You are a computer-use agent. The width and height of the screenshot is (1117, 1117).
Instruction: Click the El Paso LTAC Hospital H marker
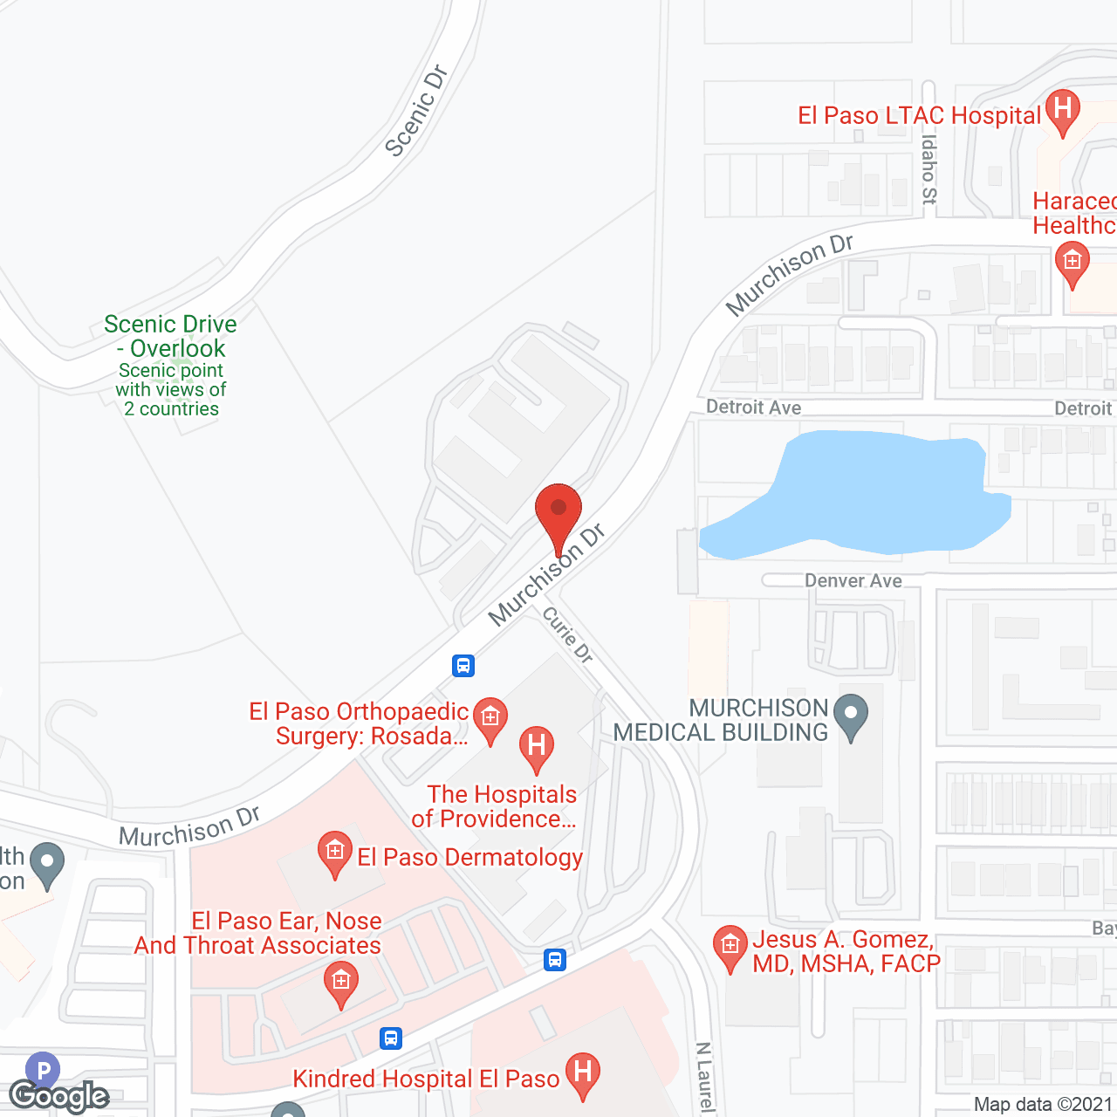(x=1062, y=111)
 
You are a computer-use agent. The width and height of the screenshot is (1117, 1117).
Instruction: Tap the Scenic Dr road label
(x=415, y=112)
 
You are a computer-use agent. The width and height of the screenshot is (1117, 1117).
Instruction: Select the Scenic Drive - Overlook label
(x=171, y=337)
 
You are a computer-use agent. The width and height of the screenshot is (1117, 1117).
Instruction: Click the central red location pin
(x=558, y=515)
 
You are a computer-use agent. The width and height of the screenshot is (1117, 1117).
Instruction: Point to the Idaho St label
(x=929, y=168)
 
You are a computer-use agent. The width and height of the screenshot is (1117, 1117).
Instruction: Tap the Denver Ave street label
(x=853, y=581)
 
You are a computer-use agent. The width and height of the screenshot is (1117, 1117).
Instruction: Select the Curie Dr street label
(x=568, y=634)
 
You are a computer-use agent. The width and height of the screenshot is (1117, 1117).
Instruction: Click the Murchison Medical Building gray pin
(x=851, y=716)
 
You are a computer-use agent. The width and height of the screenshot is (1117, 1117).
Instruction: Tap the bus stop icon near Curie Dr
(x=463, y=666)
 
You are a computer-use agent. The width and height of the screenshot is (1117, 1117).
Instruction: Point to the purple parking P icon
(x=43, y=1069)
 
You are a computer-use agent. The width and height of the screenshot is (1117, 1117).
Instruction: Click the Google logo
(x=59, y=1096)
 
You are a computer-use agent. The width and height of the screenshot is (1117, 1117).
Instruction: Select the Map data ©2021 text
(x=1043, y=1105)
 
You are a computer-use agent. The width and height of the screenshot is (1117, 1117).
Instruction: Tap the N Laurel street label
(x=704, y=1078)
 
